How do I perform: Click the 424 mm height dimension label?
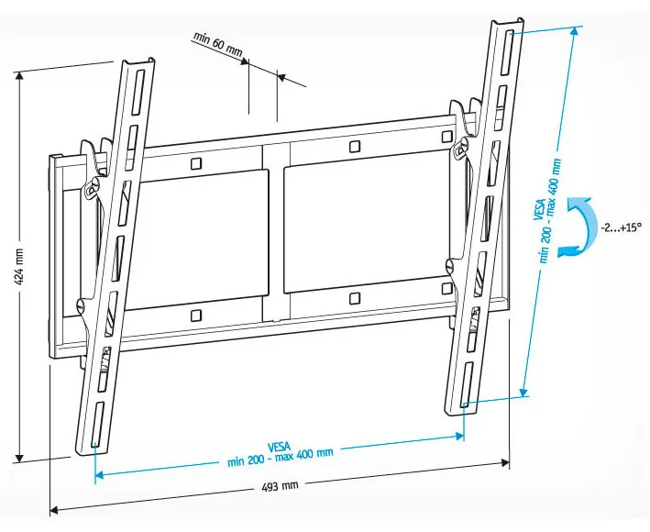(19, 267)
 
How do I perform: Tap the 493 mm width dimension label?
(280, 485)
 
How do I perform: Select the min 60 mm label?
(217, 43)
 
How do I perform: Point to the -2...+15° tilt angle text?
(621, 227)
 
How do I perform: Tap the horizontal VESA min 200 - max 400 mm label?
(280, 454)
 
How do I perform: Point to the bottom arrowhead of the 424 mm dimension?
(18, 458)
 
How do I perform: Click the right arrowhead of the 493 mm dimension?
(506, 463)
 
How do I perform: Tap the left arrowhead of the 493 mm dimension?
(54, 510)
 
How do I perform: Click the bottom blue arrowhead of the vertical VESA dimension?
(523, 391)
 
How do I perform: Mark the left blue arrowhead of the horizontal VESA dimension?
(100, 474)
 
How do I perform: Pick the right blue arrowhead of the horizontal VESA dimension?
(459, 436)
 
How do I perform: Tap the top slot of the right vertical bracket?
(507, 52)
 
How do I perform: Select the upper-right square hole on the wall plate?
(446, 137)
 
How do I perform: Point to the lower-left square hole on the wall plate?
(196, 316)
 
